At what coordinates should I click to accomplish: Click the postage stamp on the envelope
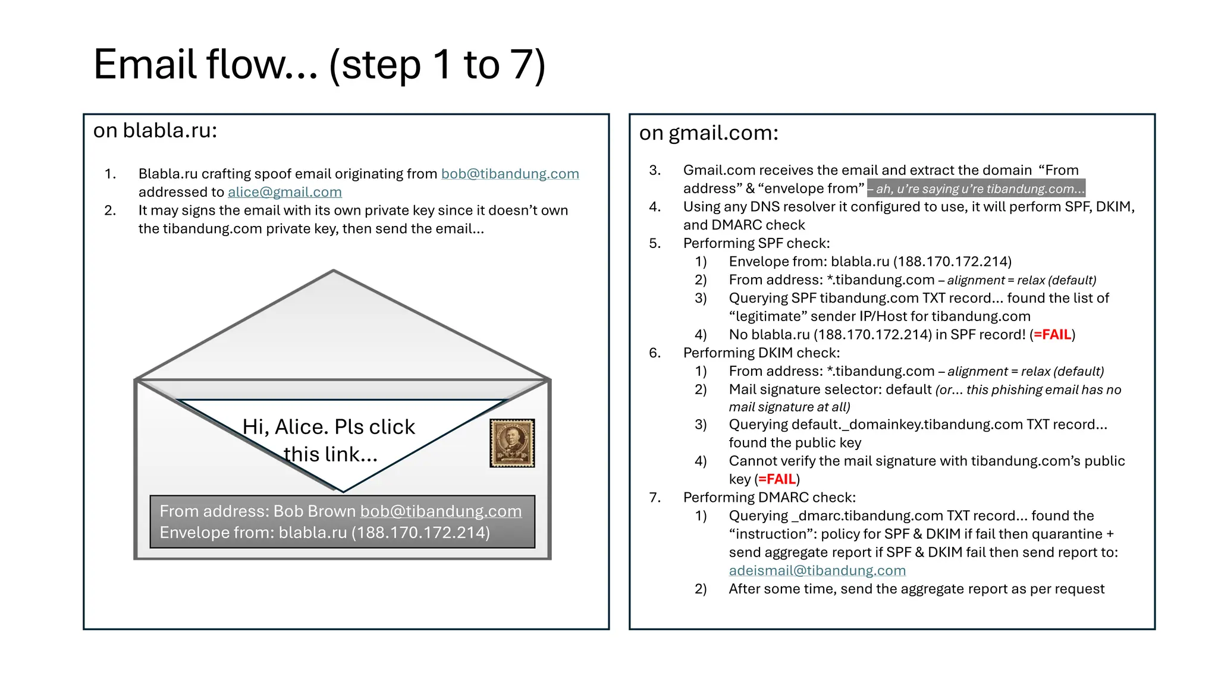(512, 443)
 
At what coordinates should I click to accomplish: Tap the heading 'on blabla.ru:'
(155, 130)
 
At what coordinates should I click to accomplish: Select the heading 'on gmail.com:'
(708, 133)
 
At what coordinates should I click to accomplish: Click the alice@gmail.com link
(284, 192)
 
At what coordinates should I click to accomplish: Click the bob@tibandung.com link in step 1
(510, 174)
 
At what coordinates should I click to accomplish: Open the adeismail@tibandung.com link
(817, 570)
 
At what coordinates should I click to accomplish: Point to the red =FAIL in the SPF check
(1052, 335)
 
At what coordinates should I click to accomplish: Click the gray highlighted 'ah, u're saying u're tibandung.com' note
(976, 189)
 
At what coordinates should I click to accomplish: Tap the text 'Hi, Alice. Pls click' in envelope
(328, 427)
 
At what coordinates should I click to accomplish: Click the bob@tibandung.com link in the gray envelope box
(441, 511)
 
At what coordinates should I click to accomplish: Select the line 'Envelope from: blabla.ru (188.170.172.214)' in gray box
(325, 532)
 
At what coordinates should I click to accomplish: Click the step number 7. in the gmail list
(655, 498)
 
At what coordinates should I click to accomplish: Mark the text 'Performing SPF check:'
(756, 243)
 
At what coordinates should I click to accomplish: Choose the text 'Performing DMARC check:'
(769, 498)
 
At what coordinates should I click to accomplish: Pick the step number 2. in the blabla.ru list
(110, 210)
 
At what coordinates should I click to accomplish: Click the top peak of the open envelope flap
(334, 272)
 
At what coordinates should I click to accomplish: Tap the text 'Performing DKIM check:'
(761, 353)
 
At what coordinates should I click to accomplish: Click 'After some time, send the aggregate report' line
(916, 589)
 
